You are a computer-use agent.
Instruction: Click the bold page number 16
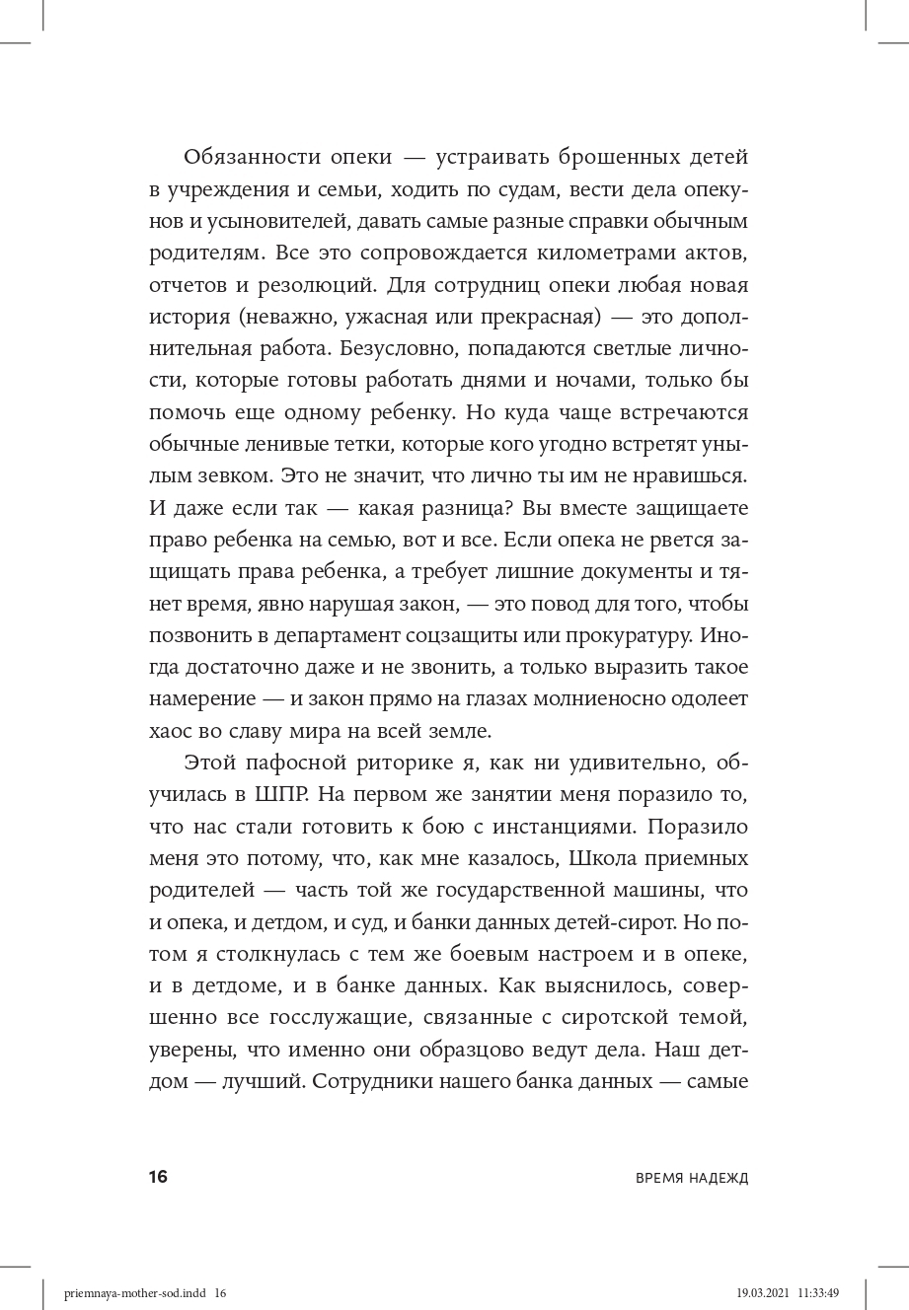pyautogui.click(x=159, y=1177)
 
